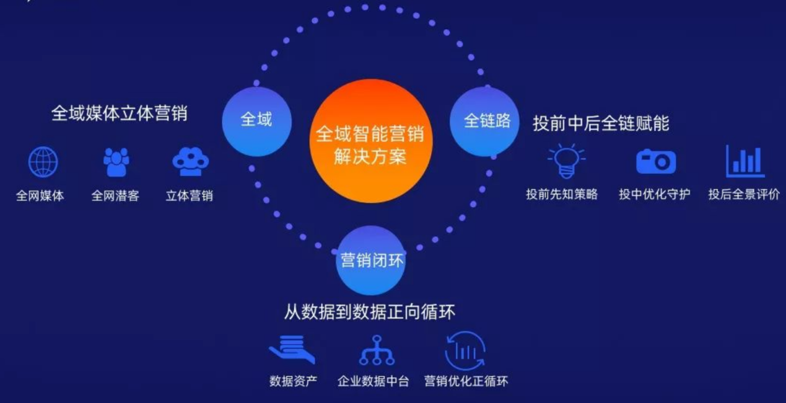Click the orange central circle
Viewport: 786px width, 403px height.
(x=371, y=141)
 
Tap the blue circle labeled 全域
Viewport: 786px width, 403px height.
(x=257, y=122)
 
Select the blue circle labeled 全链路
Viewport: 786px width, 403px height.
(x=484, y=122)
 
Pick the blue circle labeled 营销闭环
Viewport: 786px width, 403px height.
(x=371, y=260)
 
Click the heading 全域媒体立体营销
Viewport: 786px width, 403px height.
(x=120, y=113)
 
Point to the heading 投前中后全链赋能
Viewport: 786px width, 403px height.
(x=601, y=123)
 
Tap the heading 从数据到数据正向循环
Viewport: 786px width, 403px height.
(x=370, y=312)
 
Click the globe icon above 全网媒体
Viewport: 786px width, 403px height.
(x=43, y=162)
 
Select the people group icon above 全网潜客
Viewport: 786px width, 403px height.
(x=116, y=162)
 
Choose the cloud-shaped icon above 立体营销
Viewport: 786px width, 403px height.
(x=191, y=161)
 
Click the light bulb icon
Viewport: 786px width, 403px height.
(x=566, y=161)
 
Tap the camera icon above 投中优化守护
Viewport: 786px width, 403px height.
(x=656, y=161)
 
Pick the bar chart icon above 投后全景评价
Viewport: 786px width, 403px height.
(x=745, y=161)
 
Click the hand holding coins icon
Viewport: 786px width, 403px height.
(x=292, y=350)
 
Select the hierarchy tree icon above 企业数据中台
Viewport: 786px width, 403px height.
(x=377, y=350)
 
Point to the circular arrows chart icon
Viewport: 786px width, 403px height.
(x=465, y=350)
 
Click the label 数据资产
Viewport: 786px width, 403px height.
(x=294, y=381)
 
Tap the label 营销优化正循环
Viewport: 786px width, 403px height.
(x=466, y=381)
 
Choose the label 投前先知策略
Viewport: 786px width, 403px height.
(x=562, y=194)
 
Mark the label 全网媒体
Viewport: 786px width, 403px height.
(x=40, y=196)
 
